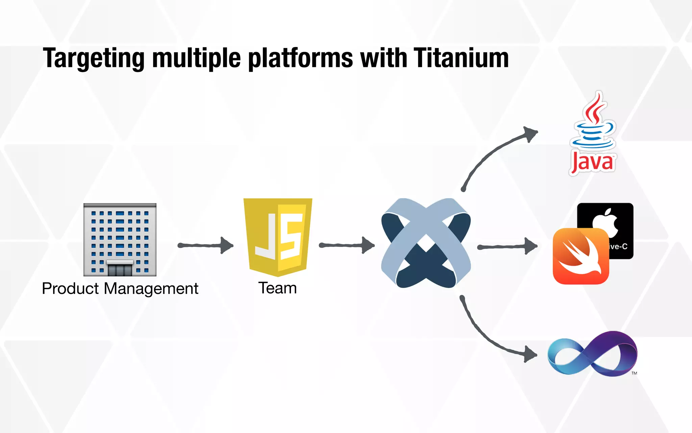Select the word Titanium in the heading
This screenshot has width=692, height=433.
click(x=461, y=58)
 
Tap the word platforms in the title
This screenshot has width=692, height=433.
click(x=300, y=58)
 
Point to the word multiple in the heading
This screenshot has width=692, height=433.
click(x=196, y=58)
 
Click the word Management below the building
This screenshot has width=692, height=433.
click(x=151, y=289)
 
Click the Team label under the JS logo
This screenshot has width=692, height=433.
click(x=277, y=288)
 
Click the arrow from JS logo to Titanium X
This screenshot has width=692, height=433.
click(x=347, y=245)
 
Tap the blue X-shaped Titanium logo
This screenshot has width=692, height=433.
click(x=426, y=243)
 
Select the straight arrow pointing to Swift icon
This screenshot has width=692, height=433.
click(x=507, y=247)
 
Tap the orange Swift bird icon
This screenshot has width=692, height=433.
click(x=580, y=256)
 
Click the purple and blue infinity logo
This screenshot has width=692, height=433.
click(x=592, y=354)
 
